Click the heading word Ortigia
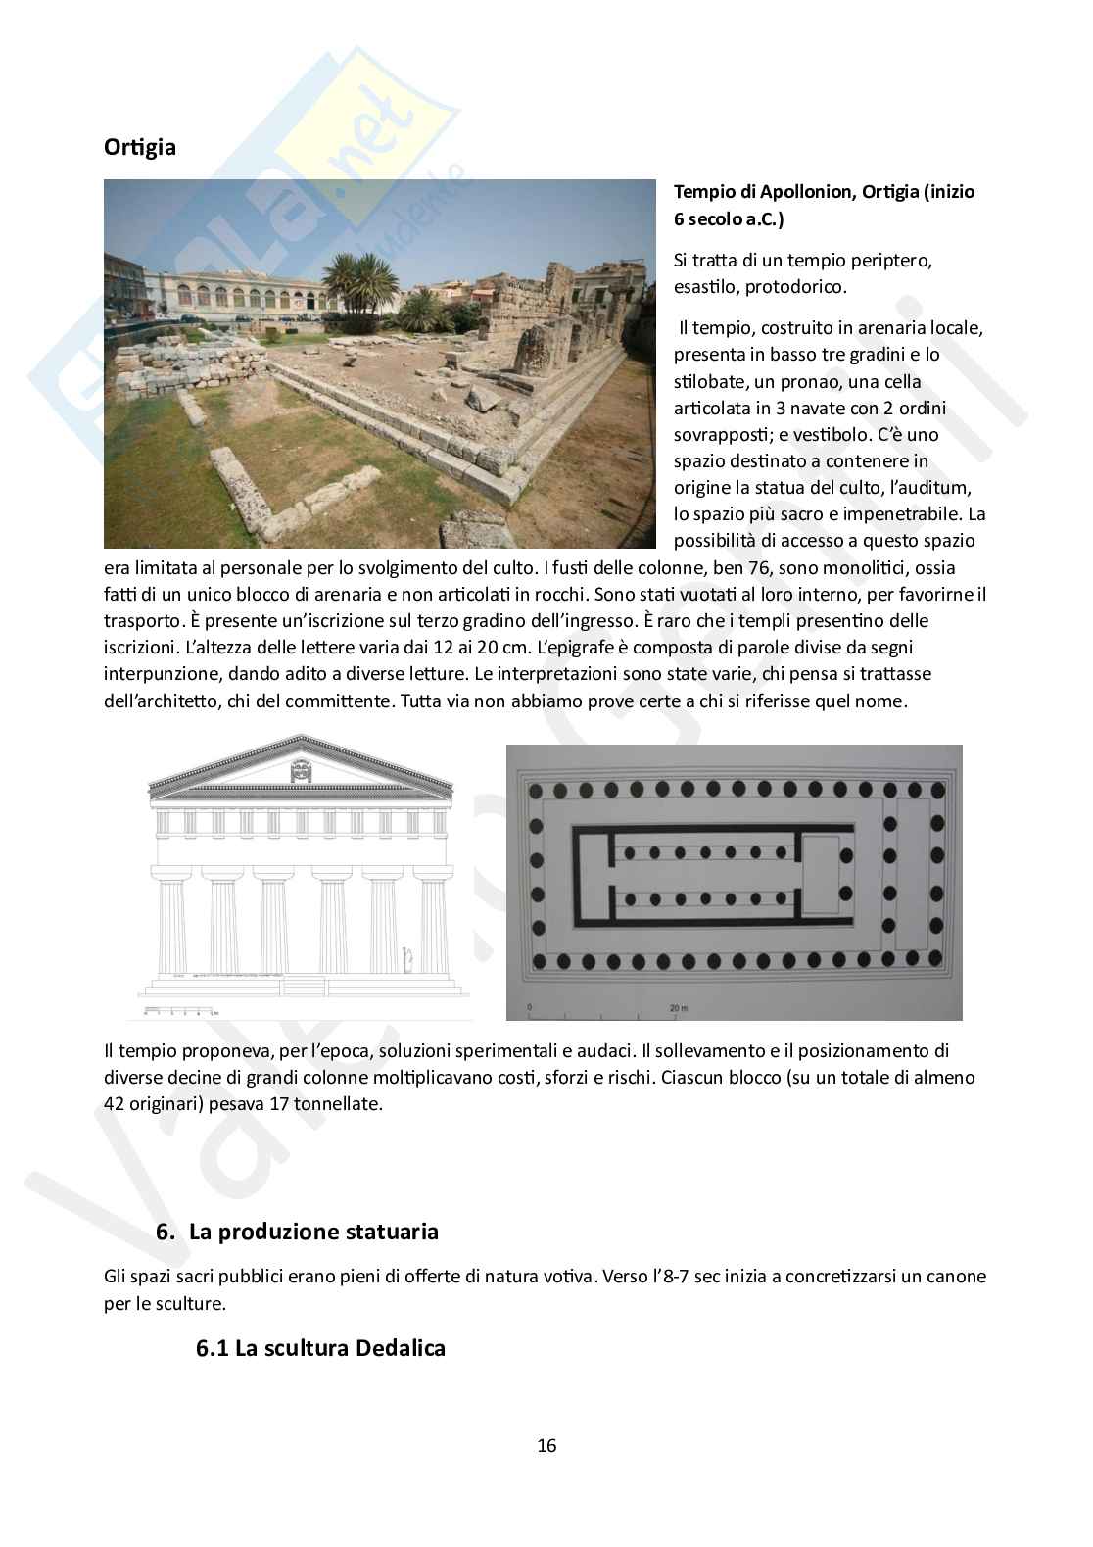140,148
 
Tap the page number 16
546,1445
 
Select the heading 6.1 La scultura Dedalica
320,1348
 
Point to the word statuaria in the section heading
392,1231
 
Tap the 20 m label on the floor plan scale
677,1007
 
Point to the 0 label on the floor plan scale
529,1007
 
